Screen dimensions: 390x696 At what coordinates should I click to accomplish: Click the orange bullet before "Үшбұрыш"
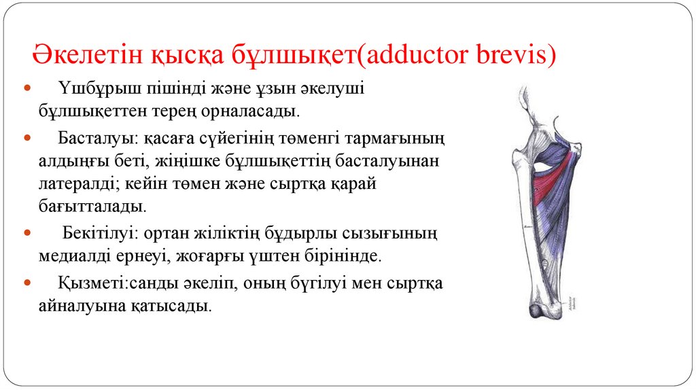click(x=28, y=89)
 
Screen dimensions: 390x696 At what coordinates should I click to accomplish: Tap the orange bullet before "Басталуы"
click(x=28, y=138)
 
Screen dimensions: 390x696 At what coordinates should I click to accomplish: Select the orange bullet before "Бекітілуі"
click(x=28, y=234)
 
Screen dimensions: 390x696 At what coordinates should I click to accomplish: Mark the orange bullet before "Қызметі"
click(x=28, y=283)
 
